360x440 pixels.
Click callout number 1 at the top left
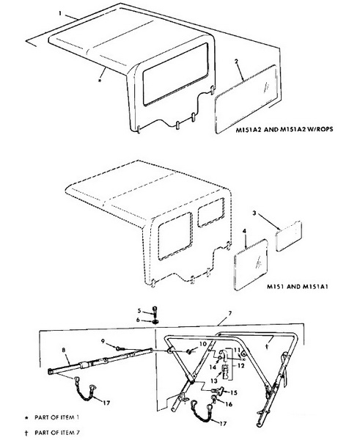coord(60,13)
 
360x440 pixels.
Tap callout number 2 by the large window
coord(237,62)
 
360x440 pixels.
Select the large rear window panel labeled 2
coord(246,99)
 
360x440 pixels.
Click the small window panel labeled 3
coord(288,236)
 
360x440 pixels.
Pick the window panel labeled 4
coord(251,265)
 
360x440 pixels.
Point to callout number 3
coord(254,213)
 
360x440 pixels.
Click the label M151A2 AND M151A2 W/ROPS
coord(284,130)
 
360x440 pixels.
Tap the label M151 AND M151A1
coord(298,287)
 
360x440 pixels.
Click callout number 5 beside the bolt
coord(139,311)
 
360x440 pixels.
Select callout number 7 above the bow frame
coord(230,313)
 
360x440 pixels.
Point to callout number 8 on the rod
coord(63,350)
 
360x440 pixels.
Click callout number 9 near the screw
coord(103,341)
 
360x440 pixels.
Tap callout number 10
coord(203,344)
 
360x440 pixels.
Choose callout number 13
coord(214,381)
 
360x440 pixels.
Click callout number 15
coord(233,392)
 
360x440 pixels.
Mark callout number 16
coord(229,404)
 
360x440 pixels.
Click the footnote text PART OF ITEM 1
coord(57,417)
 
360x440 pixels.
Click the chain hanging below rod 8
coord(85,389)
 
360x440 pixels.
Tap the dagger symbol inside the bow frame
coord(267,347)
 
